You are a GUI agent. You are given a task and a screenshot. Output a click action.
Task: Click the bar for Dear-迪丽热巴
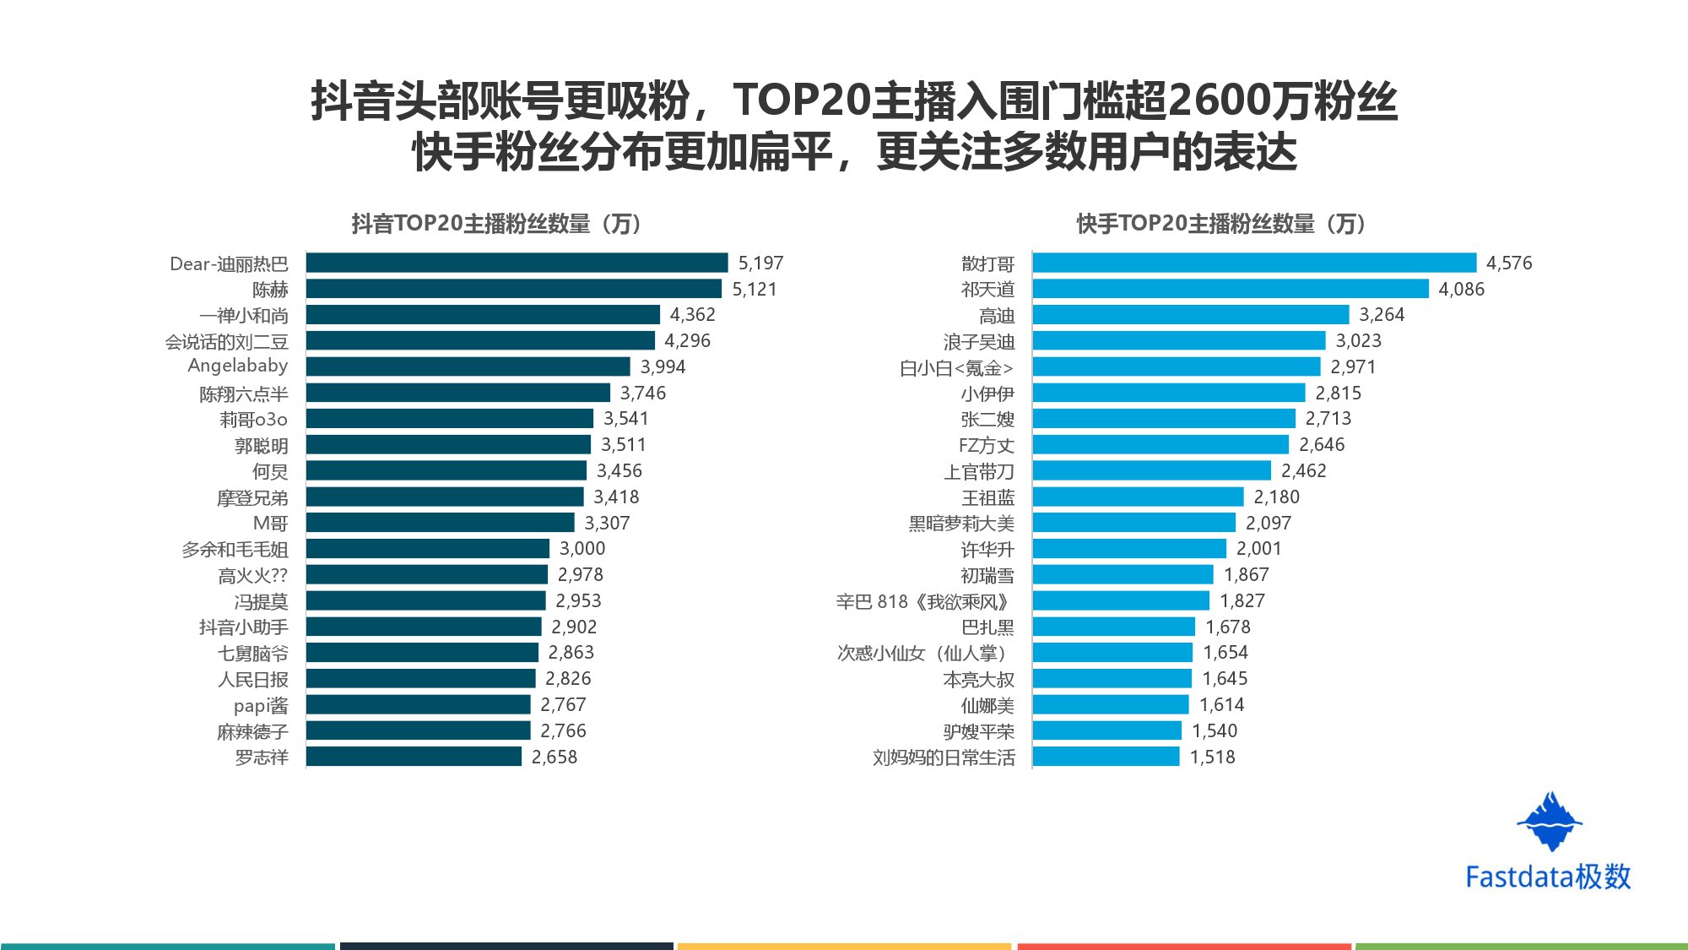click(517, 263)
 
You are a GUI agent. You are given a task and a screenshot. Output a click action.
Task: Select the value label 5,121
click(754, 289)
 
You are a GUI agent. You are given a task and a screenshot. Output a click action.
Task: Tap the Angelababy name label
click(237, 366)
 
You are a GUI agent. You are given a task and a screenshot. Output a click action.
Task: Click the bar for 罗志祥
click(414, 757)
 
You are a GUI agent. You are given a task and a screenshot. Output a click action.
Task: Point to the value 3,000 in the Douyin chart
click(582, 549)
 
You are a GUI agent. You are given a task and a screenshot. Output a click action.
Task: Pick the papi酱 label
click(260, 705)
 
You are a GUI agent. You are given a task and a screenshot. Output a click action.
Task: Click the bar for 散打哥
click(1254, 263)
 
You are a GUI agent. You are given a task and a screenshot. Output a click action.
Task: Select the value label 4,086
click(1461, 289)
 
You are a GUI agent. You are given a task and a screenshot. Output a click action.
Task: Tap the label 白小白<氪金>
click(955, 367)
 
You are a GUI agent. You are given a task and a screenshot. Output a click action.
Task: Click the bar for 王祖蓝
click(1138, 497)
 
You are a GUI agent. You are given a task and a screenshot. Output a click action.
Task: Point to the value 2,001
click(1258, 549)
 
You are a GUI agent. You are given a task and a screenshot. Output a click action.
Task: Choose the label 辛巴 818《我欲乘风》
click(923, 601)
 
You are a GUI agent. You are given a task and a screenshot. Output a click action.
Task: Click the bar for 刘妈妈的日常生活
click(1106, 757)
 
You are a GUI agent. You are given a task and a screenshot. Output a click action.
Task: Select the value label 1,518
click(1212, 757)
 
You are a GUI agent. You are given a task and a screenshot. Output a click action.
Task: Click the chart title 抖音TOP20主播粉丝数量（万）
click(498, 224)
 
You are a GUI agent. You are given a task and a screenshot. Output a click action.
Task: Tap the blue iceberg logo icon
click(1550, 822)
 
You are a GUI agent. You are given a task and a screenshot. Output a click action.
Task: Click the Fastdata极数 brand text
click(1548, 877)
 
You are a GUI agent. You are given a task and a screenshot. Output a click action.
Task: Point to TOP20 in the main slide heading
click(801, 100)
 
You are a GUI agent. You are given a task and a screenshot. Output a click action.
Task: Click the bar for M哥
click(440, 523)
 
